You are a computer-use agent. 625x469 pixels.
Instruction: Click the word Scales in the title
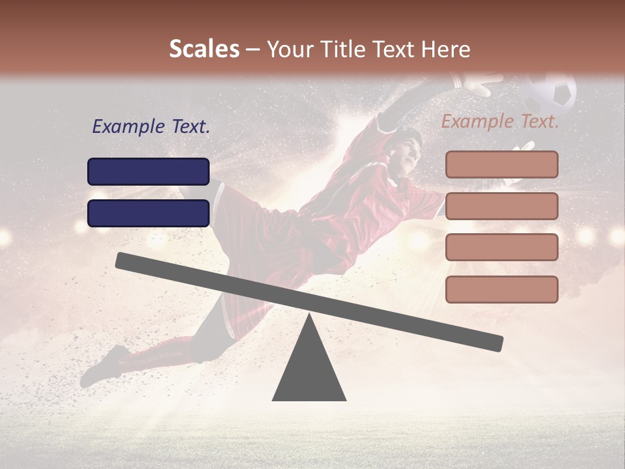[x=204, y=49]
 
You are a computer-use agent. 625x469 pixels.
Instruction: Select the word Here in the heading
[x=445, y=49]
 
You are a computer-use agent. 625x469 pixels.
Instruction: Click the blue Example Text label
[x=151, y=127]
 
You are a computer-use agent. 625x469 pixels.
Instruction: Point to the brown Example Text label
[x=500, y=121]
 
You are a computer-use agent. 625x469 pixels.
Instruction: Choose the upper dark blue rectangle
[x=148, y=171]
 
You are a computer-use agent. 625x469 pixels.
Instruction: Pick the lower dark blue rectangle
[x=148, y=213]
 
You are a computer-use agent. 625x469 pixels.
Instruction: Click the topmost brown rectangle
[x=501, y=164]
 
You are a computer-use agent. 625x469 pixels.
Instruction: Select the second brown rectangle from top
[x=501, y=206]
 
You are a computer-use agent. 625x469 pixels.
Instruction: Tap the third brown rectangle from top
[x=501, y=247]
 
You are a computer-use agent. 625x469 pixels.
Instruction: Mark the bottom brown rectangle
[x=501, y=289]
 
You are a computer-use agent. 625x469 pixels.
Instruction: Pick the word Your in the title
[x=290, y=49]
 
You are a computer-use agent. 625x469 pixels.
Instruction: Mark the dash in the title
[x=253, y=50]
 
